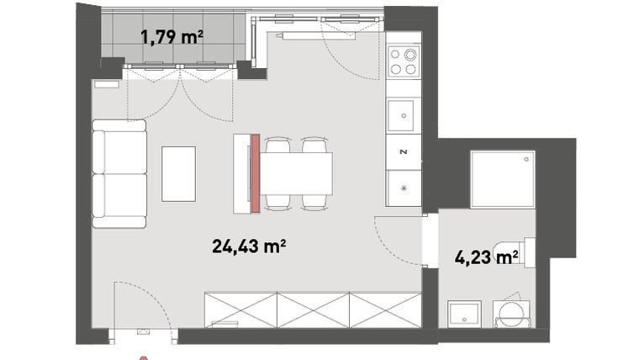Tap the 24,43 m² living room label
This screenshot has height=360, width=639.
tap(249, 246)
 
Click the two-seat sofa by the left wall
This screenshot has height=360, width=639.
tap(119, 173)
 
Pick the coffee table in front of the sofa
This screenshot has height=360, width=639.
tap(178, 173)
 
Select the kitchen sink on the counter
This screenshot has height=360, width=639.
tap(403, 114)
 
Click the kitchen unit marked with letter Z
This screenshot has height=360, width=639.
tap(403, 152)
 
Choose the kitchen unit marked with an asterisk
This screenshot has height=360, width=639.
tap(403, 188)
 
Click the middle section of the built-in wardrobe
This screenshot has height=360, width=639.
tap(313, 309)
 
